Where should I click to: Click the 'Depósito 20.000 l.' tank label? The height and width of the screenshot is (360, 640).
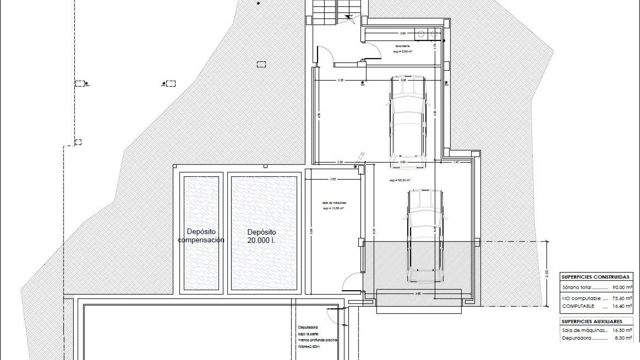point(262,236)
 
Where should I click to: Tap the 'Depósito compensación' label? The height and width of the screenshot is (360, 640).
point(201,236)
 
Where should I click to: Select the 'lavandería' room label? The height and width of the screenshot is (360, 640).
point(402,46)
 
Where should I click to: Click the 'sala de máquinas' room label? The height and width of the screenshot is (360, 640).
point(334,203)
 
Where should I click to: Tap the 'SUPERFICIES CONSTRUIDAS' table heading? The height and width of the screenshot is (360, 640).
point(595,277)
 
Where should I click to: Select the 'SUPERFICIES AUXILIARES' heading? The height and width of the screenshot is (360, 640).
point(591,322)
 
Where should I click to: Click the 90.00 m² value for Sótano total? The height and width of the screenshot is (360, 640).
point(622,287)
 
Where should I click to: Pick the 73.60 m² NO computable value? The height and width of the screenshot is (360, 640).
point(622,298)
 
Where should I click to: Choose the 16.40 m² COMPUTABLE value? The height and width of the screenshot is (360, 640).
point(622,306)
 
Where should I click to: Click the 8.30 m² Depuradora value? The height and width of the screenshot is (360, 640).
point(623,338)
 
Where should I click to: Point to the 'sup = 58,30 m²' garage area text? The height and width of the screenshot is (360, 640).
point(400,180)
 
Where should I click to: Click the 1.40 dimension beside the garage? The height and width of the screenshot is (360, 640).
point(456,162)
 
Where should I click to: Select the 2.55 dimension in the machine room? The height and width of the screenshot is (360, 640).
point(333,179)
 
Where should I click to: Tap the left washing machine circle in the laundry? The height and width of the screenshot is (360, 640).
point(421,33)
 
